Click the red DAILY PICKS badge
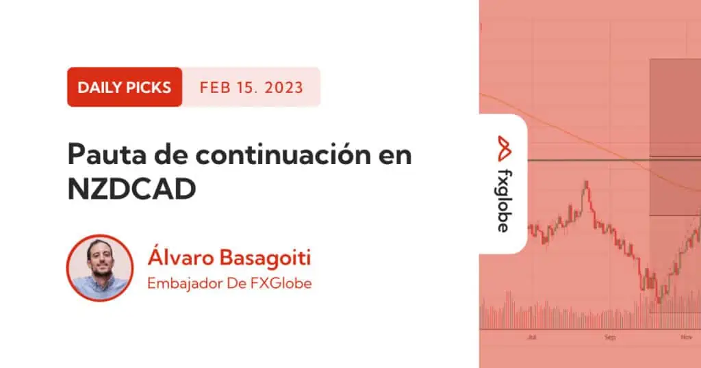125,87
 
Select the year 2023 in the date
283,88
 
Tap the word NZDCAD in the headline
132,189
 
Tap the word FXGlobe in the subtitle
283,283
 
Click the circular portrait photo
100,268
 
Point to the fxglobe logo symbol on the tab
505,148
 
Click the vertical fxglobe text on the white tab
505,201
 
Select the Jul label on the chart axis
531,337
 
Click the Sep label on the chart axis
610,337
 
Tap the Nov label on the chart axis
686,337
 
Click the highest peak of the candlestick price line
586,182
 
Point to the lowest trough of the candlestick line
659,300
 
